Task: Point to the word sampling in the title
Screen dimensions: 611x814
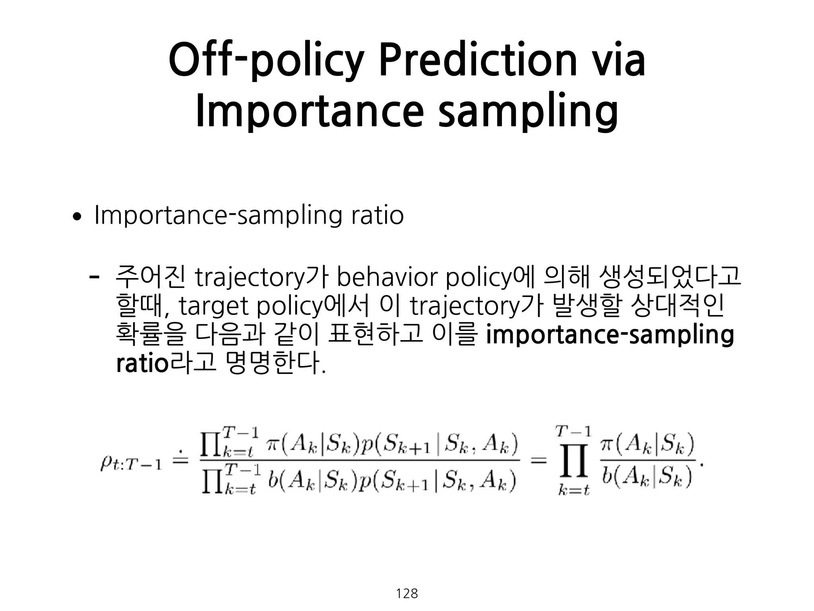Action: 527,113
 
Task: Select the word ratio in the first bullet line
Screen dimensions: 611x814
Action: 377,215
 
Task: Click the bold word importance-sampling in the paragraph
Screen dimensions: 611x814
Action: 610,335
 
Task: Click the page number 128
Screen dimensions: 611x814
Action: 407,593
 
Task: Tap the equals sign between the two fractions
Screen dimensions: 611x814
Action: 539,461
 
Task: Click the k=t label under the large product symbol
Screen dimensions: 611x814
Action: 574,490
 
